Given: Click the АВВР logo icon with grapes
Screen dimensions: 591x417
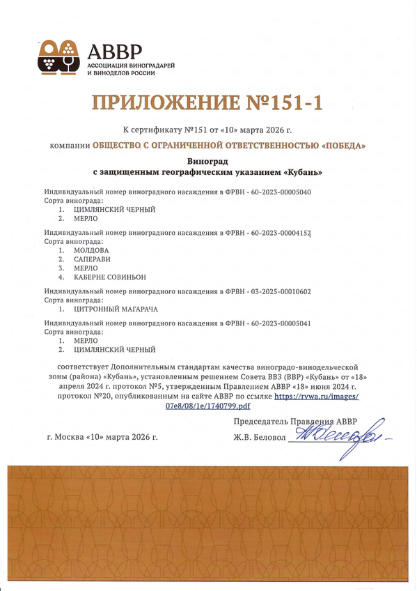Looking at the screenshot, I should [x=59, y=57].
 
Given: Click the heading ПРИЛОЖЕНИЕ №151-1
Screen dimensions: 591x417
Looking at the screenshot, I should [x=208, y=103].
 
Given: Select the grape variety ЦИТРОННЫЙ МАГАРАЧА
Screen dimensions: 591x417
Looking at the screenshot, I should [x=114, y=308].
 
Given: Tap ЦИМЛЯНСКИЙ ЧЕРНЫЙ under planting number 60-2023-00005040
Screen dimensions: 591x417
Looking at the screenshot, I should [x=114, y=209].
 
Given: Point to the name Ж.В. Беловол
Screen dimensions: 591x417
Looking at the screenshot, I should [x=259, y=438].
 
